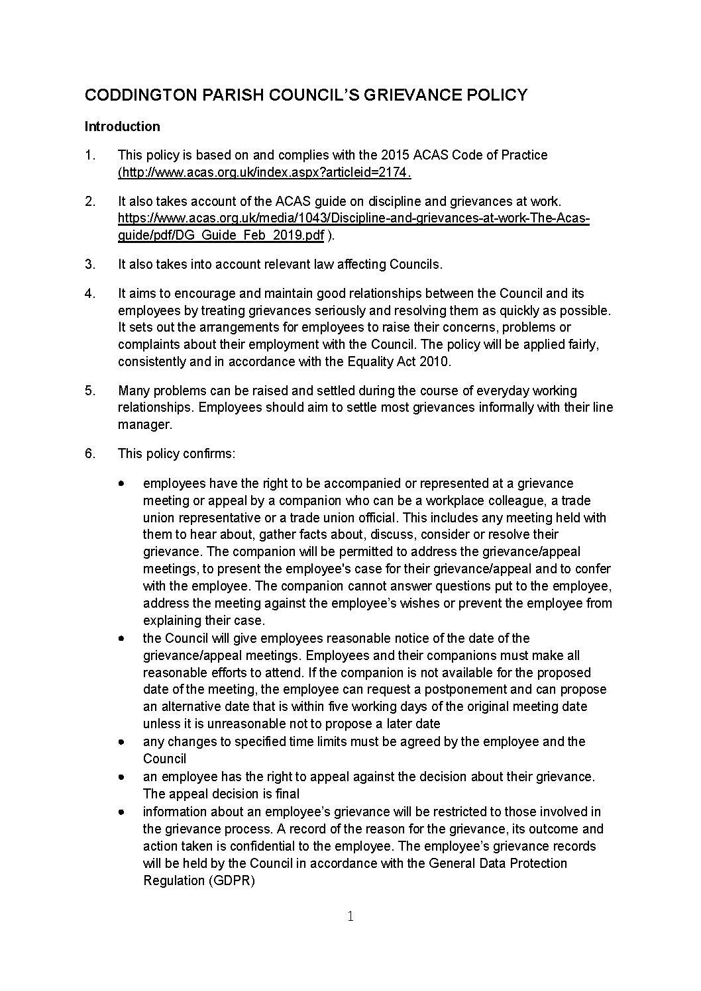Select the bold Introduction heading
click(x=123, y=126)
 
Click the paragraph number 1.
click(x=89, y=156)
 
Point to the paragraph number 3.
click(x=90, y=264)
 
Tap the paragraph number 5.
click(x=90, y=391)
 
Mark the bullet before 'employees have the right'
click(x=121, y=484)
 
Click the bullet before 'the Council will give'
click(x=121, y=638)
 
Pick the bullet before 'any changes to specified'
click(x=121, y=741)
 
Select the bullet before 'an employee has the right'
click(x=121, y=777)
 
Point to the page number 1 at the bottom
click(x=350, y=917)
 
